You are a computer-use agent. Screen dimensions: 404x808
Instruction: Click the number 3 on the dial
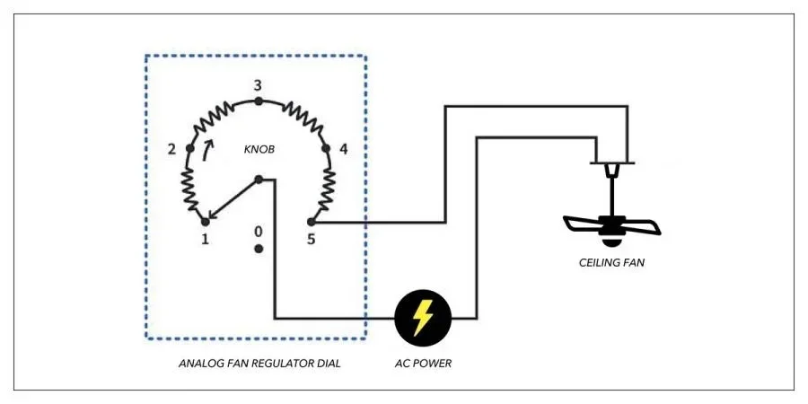[x=258, y=85]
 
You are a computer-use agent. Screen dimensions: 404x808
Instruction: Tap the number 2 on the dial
[x=171, y=148]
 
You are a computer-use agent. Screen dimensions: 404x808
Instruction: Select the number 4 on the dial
[x=344, y=148]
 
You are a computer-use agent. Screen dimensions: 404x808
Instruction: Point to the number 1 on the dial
[x=206, y=241]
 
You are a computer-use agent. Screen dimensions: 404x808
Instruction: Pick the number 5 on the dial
[x=311, y=241]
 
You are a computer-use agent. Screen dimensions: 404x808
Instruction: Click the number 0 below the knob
[x=259, y=230]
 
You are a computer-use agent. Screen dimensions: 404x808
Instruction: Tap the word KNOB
[x=259, y=150]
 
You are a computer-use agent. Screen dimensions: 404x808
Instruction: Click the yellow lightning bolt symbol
[x=423, y=318]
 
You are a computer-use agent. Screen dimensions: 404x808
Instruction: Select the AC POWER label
[x=423, y=364]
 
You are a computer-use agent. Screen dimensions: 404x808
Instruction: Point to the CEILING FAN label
[x=611, y=263]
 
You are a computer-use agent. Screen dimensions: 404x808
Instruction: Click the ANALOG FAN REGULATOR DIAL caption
[x=259, y=364]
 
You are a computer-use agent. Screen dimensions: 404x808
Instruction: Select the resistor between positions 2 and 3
[x=218, y=117]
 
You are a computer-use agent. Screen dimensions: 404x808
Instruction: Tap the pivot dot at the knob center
[x=259, y=179]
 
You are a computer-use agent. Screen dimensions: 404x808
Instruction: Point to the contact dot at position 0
[x=259, y=247]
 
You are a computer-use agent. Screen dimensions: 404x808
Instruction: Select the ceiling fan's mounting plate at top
[x=611, y=163]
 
